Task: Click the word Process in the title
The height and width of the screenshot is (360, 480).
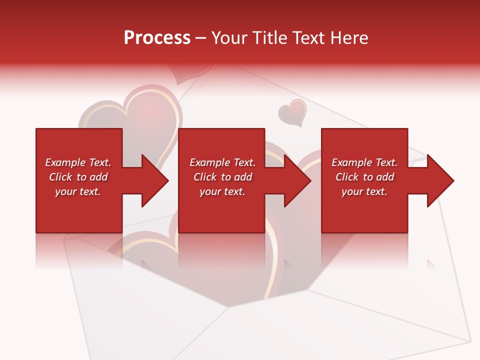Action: click(x=157, y=38)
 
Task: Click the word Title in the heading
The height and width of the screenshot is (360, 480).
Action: click(x=270, y=38)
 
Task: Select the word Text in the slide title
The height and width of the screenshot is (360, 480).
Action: click(x=309, y=38)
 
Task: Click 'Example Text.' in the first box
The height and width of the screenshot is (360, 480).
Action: click(x=78, y=162)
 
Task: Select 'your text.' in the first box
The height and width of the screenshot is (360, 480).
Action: click(x=78, y=191)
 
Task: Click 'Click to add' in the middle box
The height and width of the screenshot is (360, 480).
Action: click(x=222, y=177)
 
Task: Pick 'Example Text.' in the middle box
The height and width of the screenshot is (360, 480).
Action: click(x=222, y=162)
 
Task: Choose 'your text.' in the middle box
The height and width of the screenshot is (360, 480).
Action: click(x=222, y=191)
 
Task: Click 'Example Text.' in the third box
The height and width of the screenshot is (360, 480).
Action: click(x=364, y=162)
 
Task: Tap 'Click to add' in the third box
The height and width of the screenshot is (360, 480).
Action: click(x=364, y=177)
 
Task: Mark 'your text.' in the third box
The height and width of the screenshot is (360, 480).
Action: click(x=364, y=191)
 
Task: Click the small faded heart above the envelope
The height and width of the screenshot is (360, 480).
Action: click(x=292, y=112)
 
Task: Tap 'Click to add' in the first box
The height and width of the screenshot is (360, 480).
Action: click(x=78, y=177)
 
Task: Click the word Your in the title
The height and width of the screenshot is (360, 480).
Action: click(x=230, y=38)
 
